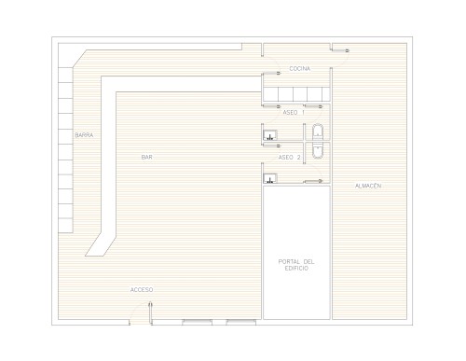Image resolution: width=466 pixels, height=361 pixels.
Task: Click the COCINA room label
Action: pyautogui.click(x=299, y=69)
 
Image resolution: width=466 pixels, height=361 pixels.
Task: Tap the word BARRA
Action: pyautogui.click(x=84, y=135)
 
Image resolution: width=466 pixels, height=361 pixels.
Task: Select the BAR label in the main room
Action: pyautogui.click(x=147, y=157)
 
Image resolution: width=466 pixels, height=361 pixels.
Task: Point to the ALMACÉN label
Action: pyautogui.click(x=368, y=186)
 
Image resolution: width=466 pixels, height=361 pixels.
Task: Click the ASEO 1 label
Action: pyautogui.click(x=294, y=112)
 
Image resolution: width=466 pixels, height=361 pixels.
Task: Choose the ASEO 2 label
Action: pyautogui.click(x=289, y=158)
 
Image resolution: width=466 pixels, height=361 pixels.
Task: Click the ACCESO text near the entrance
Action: pyautogui.click(x=142, y=290)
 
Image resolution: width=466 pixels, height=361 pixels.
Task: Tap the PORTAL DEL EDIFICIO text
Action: pyautogui.click(x=296, y=265)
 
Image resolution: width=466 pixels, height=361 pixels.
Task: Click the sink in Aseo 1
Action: pyautogui.click(x=270, y=135)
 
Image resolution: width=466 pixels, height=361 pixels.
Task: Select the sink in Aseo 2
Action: pyautogui.click(x=270, y=178)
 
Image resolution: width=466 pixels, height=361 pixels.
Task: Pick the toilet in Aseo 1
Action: pyautogui.click(x=318, y=132)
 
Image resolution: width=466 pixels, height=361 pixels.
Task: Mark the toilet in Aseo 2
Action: pyautogui.click(x=318, y=151)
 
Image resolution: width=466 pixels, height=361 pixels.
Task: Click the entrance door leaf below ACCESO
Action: pyautogui.click(x=150, y=312)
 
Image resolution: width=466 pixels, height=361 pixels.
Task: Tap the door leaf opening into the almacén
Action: pyautogui.click(x=340, y=50)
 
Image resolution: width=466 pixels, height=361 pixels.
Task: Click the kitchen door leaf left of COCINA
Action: pyautogui.click(x=272, y=73)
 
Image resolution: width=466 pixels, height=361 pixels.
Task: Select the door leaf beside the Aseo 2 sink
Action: pyautogui.click(x=313, y=181)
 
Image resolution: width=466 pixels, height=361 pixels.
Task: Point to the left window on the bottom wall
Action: pyautogui.click(x=198, y=322)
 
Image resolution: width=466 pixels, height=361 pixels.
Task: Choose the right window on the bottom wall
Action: pyautogui.click(x=241, y=322)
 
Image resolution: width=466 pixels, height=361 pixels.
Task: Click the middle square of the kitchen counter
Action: pyautogui.click(x=300, y=94)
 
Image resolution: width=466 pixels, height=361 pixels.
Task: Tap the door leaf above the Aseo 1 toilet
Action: pyautogui.click(x=313, y=106)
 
